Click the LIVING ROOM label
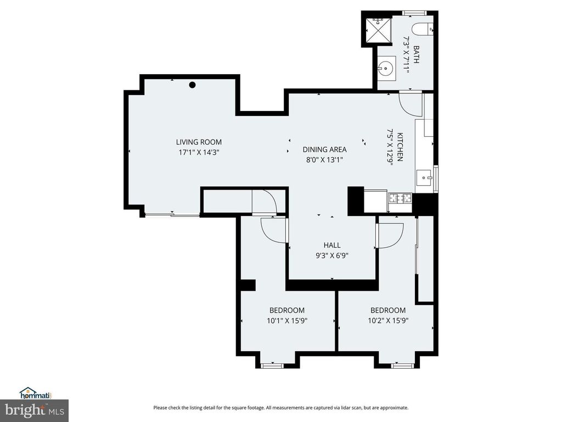pos(199,142)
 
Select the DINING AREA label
pos(325,149)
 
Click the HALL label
pos(331,245)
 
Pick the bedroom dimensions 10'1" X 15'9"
pos(286,320)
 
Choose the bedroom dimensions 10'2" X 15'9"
pos(388,320)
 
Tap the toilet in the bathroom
pos(425,29)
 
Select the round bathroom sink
pos(386,69)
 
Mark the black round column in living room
pos(193,85)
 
